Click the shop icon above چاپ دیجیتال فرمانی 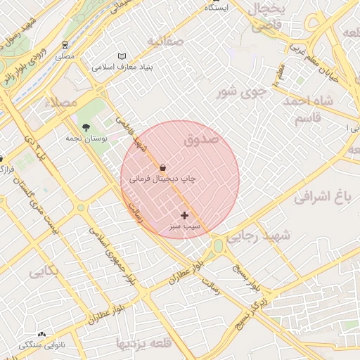pos(163,168)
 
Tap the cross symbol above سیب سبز pos(185,215)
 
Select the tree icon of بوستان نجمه pos(86,128)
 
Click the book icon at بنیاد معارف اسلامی pos(122,56)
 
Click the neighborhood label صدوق pos(202,140)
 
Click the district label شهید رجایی pos(267,237)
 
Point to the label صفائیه pos(165,41)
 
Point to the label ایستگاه pos(216,7)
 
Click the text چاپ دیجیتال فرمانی pos(162,179)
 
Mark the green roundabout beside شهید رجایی pos(218,245)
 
